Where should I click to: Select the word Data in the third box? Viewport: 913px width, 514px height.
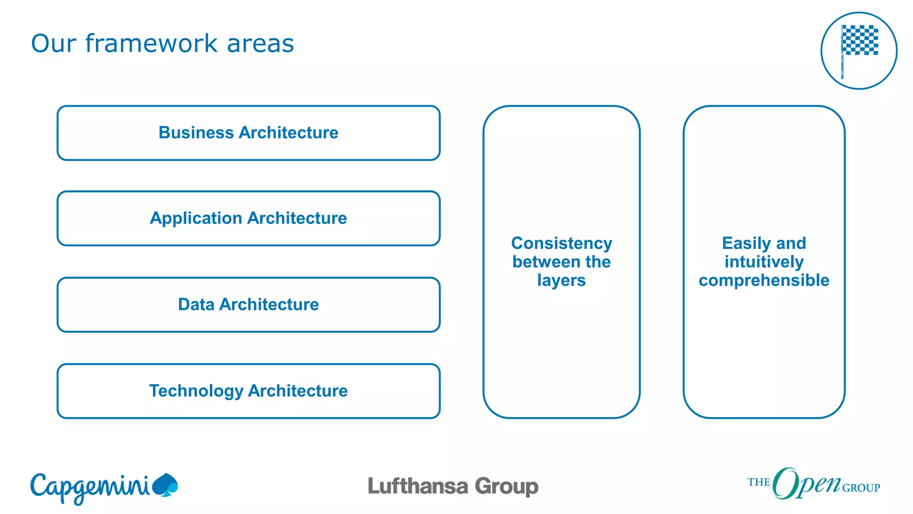[x=196, y=304]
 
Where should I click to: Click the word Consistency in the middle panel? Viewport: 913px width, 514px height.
[x=562, y=243]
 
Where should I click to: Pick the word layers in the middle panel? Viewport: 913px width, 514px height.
[x=561, y=280]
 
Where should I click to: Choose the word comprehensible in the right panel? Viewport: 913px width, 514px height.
[x=764, y=280]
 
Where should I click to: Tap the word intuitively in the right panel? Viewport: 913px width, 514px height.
[x=764, y=261]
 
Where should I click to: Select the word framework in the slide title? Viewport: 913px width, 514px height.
[x=152, y=43]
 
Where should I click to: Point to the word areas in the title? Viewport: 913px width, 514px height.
[x=260, y=43]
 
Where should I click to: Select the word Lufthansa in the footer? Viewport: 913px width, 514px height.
[x=418, y=486]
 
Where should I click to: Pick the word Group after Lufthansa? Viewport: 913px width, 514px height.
[x=506, y=486]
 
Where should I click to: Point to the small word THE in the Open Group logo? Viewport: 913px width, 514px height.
[x=759, y=482]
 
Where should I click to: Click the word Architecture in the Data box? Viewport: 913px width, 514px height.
[x=269, y=304]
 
